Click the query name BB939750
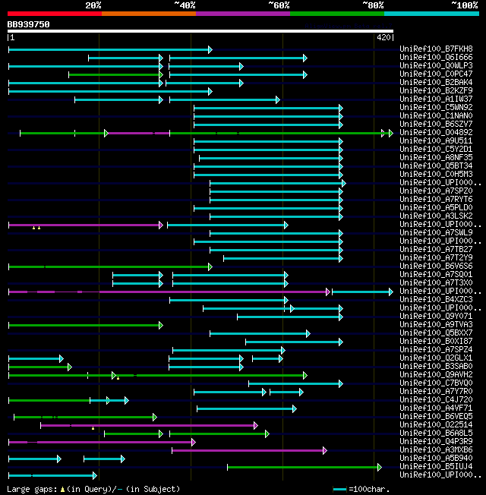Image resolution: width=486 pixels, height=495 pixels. pyautogui.click(x=29, y=24)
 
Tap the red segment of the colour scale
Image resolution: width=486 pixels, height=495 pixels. pyautogui.click(x=54, y=14)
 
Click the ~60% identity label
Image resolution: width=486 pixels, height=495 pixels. pyautogui.click(x=279, y=5)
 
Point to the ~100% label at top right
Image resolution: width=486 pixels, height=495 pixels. pyautogui.click(x=464, y=5)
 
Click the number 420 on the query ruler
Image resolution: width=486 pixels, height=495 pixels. pyautogui.click(x=383, y=36)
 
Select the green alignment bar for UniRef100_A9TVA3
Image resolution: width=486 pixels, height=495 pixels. pyautogui.click(x=84, y=325)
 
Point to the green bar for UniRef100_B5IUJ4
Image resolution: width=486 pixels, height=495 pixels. pyautogui.click(x=304, y=467)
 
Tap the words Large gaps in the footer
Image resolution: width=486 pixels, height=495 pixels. pyautogui.click(x=31, y=489)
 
